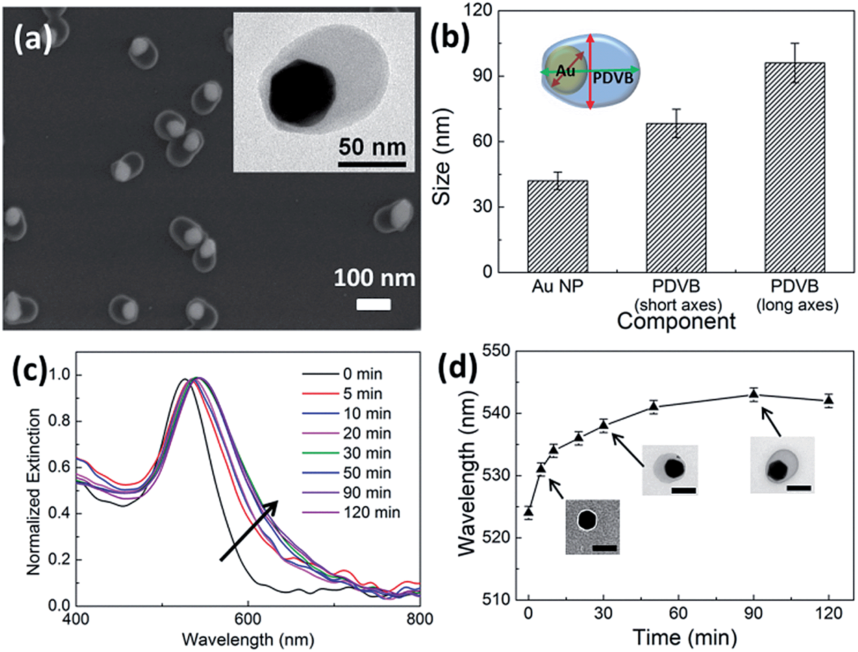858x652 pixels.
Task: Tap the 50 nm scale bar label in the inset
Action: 372,147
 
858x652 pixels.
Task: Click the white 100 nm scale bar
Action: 373,305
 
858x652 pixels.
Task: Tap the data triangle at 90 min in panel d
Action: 753,394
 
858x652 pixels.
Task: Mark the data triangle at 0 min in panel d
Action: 528,512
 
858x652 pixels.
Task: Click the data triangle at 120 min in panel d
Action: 828,400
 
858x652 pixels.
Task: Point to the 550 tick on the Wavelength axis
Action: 496,351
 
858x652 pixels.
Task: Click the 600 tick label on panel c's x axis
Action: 248,619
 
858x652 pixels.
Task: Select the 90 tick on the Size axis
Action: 482,76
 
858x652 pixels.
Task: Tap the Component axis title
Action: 676,322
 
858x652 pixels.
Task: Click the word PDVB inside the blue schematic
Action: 613,78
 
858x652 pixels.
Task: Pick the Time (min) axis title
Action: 685,637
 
